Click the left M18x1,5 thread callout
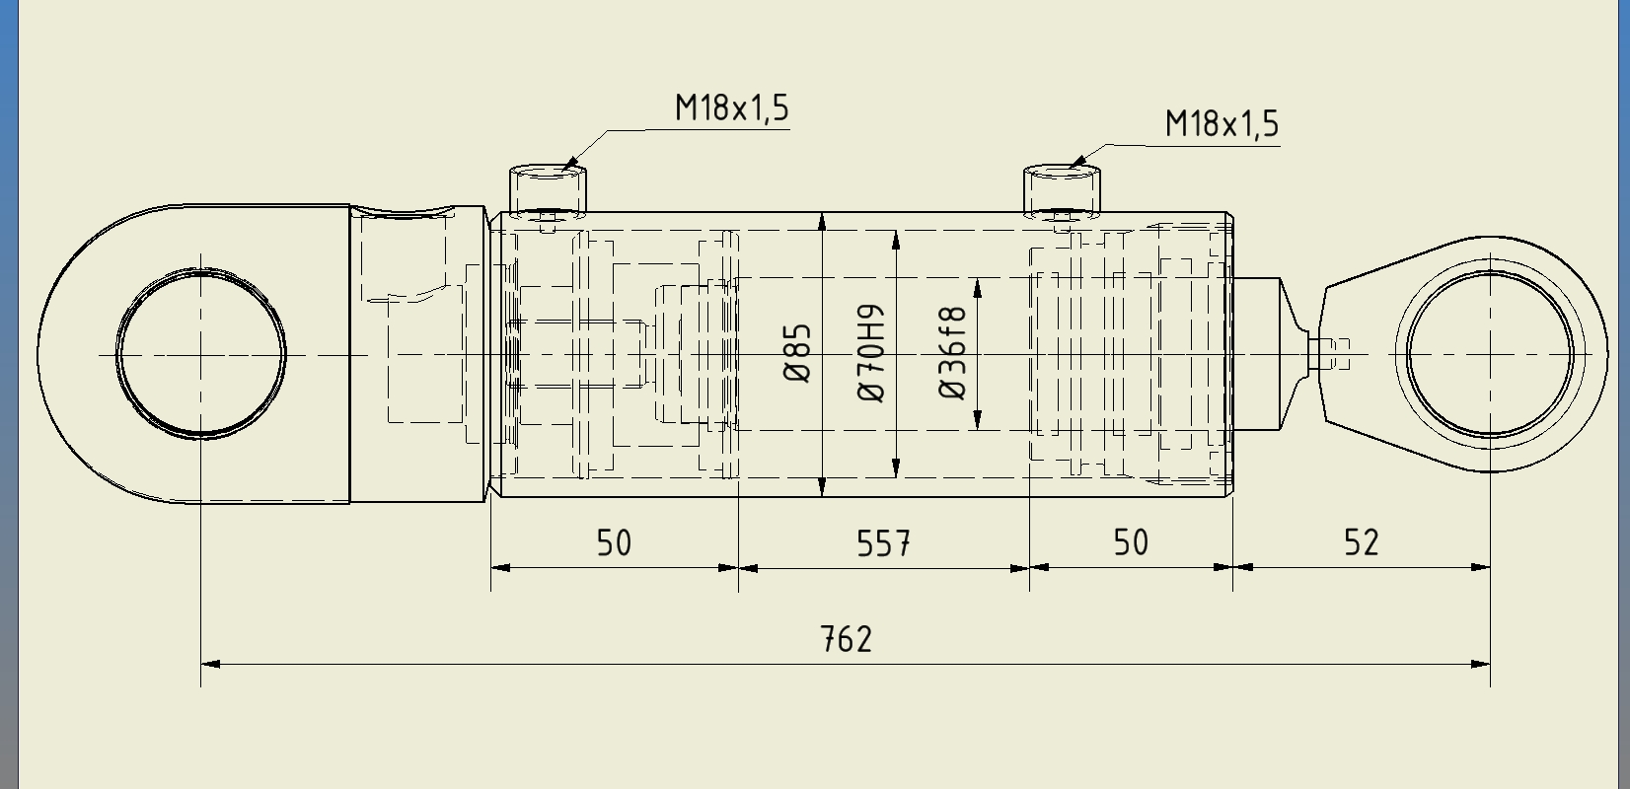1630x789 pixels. coord(732,108)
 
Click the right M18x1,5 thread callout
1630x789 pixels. coord(1222,123)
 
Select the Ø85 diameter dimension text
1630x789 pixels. coord(797,353)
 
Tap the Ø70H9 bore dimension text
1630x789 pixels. coord(872,353)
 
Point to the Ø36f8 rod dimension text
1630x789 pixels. coord(953,353)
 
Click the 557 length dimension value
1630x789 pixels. coord(883,543)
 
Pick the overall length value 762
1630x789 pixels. coord(846,639)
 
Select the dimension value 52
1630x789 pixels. coord(1361,542)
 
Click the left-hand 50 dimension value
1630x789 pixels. coord(614,543)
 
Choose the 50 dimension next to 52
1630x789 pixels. coord(1131,542)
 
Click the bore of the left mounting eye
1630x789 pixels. coord(201,354)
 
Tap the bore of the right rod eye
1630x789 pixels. coord(1490,354)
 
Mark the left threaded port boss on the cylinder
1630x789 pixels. coord(548,190)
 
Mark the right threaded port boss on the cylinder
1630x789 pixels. coord(1062,190)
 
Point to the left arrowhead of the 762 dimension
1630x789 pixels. coord(210,664)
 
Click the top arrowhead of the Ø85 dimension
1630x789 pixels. coord(822,222)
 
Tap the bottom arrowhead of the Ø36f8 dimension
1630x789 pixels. coord(977,420)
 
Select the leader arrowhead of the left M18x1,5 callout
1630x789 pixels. coord(569,164)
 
